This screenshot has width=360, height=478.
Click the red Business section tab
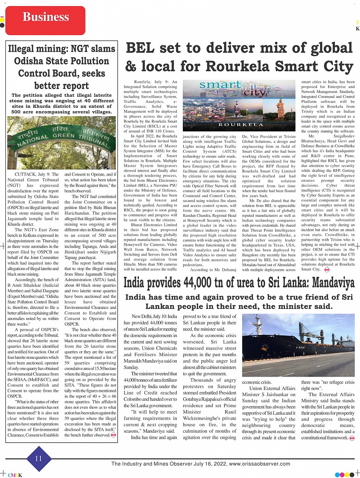pos(45,17)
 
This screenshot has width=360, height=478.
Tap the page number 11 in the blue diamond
pos(38,459)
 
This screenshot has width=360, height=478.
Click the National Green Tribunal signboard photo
pos(61,142)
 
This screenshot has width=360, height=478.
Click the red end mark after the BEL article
pos(326,270)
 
